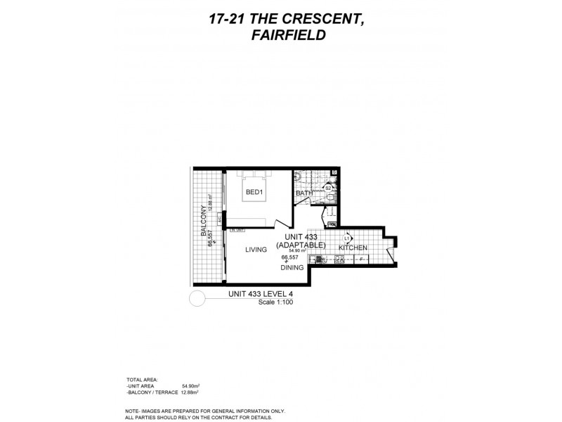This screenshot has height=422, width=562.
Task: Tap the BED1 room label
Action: point(254,191)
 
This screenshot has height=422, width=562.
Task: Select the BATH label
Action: point(303,193)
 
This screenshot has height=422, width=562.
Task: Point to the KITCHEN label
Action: point(353,248)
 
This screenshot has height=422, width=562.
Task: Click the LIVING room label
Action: point(257,249)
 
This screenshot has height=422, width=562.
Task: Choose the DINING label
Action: point(292,267)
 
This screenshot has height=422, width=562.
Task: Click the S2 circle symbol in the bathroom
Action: point(327,188)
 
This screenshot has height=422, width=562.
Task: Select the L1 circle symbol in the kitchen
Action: point(346,239)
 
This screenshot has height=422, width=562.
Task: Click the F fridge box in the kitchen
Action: point(361,260)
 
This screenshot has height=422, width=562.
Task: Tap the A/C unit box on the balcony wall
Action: point(220,219)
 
